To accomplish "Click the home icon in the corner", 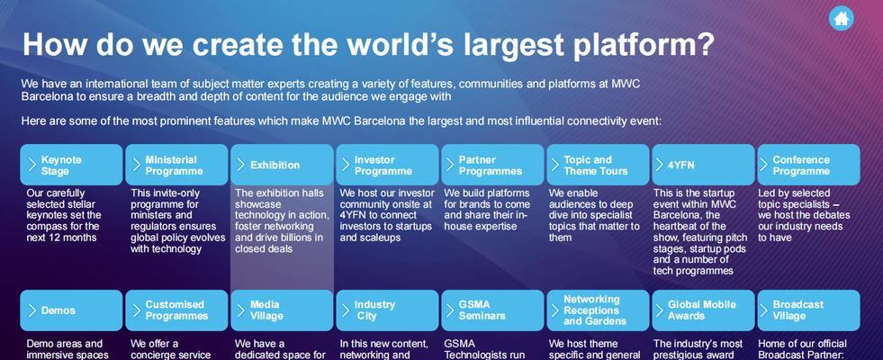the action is click(842, 19).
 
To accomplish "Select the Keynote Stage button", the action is click(71, 165).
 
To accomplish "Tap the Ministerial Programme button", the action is click(176, 165).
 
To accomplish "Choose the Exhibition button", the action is click(282, 165).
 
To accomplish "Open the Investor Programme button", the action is click(387, 165).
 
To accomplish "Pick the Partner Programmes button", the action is click(492, 165).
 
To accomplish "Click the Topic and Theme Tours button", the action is click(598, 165).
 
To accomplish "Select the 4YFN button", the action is click(703, 165).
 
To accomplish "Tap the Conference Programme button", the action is click(808, 165).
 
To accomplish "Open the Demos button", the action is click(71, 310).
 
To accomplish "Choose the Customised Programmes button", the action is click(176, 310).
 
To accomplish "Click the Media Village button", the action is click(282, 310).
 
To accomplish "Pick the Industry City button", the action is click(387, 310).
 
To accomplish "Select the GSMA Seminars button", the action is click(492, 310).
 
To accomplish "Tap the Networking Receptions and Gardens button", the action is click(598, 310).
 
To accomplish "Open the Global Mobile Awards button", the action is click(703, 310).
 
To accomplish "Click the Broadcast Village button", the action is click(808, 310).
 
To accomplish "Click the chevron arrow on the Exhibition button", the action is click(240, 165).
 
